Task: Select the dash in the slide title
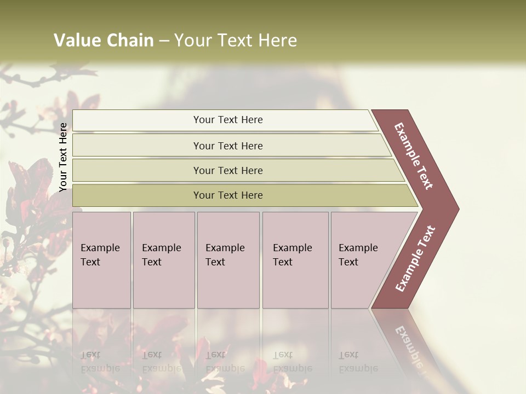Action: [x=164, y=41]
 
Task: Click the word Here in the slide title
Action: [x=278, y=40]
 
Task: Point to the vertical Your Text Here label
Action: [x=63, y=157]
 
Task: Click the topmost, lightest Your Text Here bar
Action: [x=227, y=120]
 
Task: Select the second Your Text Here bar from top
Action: [x=227, y=146]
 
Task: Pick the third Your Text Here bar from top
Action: [x=227, y=170]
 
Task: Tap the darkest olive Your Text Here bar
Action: [x=227, y=195]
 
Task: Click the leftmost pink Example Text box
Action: [x=101, y=260]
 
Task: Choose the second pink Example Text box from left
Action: [x=163, y=260]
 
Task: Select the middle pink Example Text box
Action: [x=228, y=260]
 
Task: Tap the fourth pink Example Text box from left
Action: [x=295, y=260]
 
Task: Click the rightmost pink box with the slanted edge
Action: [x=362, y=260]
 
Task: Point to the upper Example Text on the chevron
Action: [x=414, y=156]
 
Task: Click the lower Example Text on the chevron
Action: [x=415, y=259]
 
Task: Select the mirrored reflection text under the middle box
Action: [x=225, y=362]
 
